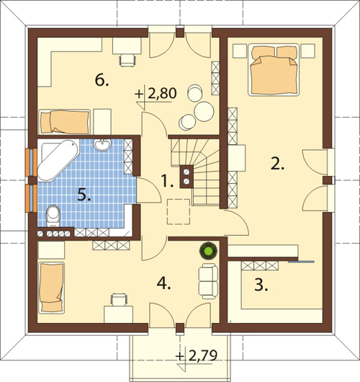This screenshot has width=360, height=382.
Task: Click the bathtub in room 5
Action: (x=58, y=159)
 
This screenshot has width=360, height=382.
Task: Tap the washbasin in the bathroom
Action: (x=102, y=145)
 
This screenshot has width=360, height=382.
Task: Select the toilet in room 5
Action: (x=53, y=216)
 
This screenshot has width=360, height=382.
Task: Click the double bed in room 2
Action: (x=274, y=70)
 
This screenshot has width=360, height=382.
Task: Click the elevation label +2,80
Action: (x=156, y=94)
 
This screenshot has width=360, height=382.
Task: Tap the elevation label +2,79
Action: (x=196, y=356)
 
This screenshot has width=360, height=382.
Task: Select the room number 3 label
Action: (x=261, y=285)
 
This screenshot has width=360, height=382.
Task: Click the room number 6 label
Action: (x=102, y=80)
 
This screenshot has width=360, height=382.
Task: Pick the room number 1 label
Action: (x=168, y=182)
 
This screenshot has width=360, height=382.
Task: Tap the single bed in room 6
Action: (x=65, y=122)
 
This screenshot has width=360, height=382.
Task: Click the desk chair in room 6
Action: (x=127, y=60)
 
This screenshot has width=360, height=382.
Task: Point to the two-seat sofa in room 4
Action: (x=208, y=281)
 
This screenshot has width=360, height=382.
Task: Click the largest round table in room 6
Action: (x=204, y=112)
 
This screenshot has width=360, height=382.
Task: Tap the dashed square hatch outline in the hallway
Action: (x=179, y=211)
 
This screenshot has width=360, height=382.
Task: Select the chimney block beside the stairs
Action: (x=186, y=177)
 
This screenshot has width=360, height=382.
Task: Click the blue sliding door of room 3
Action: (x=301, y=262)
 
